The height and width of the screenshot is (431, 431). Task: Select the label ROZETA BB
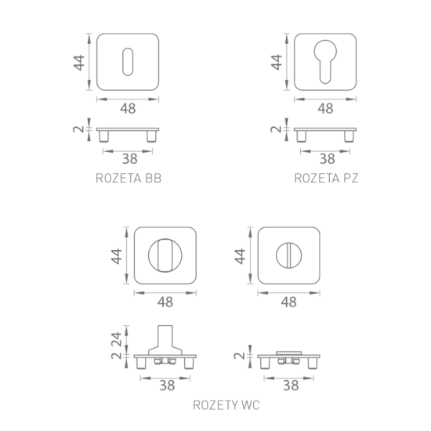pos(129,178)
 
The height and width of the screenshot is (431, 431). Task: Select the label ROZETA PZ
pos(326,178)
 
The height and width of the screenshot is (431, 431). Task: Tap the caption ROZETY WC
pos(226,405)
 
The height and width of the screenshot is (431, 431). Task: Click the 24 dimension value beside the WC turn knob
pos(117,339)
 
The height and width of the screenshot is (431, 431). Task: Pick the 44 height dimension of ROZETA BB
pos(79,63)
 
